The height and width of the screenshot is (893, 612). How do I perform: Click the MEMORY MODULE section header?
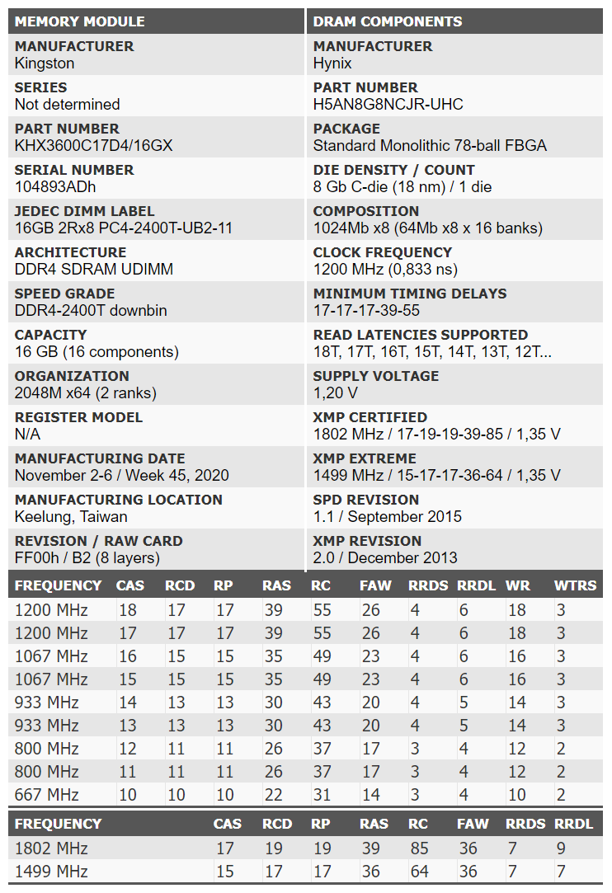point(80,21)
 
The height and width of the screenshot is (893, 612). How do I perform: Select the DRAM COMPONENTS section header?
point(388,21)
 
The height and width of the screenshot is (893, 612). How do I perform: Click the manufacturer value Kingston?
point(45,63)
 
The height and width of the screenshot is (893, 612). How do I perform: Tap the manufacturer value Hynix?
point(332,63)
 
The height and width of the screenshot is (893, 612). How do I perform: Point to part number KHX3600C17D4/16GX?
point(93,146)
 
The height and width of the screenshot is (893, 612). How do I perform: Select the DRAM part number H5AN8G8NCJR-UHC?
point(388,105)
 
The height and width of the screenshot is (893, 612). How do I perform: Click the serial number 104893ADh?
point(54,187)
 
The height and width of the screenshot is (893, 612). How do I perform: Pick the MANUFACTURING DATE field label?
point(100,458)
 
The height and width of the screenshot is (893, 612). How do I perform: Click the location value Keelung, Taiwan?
point(71,517)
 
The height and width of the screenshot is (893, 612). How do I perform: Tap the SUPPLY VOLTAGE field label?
point(376,376)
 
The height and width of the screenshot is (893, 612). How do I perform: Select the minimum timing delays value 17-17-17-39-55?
point(366,311)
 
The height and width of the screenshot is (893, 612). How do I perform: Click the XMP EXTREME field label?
point(365,458)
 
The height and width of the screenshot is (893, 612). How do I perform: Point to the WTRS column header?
point(576,585)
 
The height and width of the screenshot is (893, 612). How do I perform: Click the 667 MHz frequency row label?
point(46,795)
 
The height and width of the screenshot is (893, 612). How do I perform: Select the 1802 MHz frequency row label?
point(51,848)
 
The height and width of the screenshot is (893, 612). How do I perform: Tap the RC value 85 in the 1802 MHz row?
point(417,848)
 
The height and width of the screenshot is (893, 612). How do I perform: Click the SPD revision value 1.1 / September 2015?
point(388,517)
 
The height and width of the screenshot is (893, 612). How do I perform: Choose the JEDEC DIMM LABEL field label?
point(84,211)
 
